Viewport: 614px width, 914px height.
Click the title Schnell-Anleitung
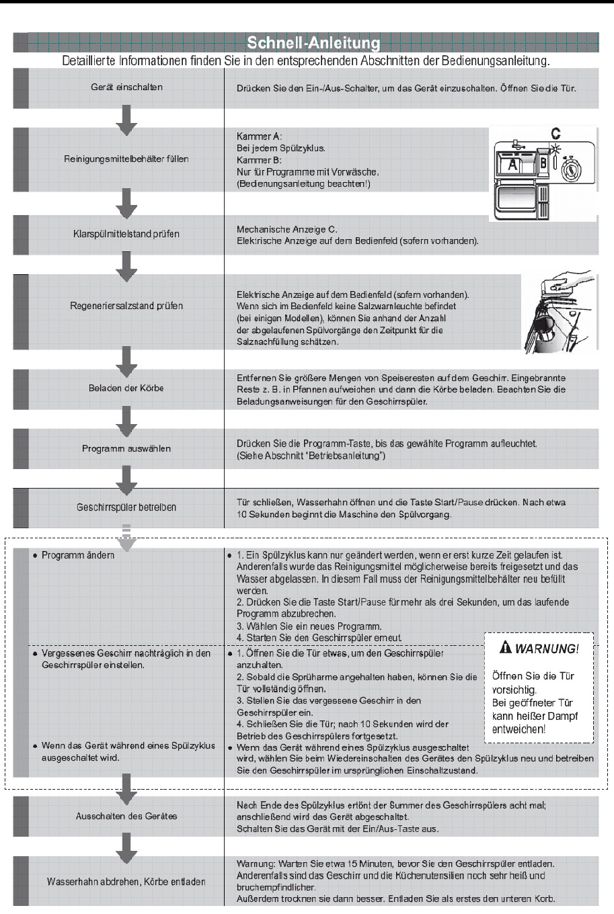pyautogui.click(x=313, y=44)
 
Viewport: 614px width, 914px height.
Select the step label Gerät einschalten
pyautogui.click(x=126, y=87)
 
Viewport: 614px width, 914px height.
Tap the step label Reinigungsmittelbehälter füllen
pyautogui.click(x=126, y=159)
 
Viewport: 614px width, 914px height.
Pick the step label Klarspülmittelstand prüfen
pyautogui.click(x=126, y=235)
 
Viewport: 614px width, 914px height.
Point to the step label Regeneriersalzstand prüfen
pyautogui.click(x=126, y=306)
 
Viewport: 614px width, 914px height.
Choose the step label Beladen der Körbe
pyautogui.click(x=126, y=388)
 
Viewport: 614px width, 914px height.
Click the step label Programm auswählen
pyautogui.click(x=126, y=449)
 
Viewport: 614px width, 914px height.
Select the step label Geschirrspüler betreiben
pyautogui.click(x=126, y=507)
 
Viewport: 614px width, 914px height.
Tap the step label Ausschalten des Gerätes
pyautogui.click(x=126, y=817)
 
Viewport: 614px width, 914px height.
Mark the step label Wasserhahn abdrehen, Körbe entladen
pyautogui.click(x=126, y=882)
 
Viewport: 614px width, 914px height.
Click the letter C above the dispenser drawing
pyautogui.click(x=556, y=134)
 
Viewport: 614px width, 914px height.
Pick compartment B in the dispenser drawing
pyautogui.click(x=543, y=163)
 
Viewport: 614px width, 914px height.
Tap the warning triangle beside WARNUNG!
pyautogui.click(x=506, y=648)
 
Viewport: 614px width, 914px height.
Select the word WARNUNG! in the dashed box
pyautogui.click(x=547, y=649)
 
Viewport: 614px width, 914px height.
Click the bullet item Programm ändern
pyautogui.click(x=78, y=555)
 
